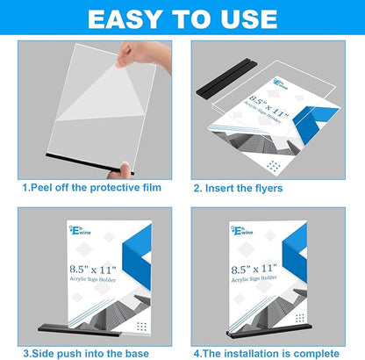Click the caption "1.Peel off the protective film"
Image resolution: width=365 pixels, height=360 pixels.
pos(91,187)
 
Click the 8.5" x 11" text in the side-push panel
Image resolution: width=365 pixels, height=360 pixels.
pos(84,259)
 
